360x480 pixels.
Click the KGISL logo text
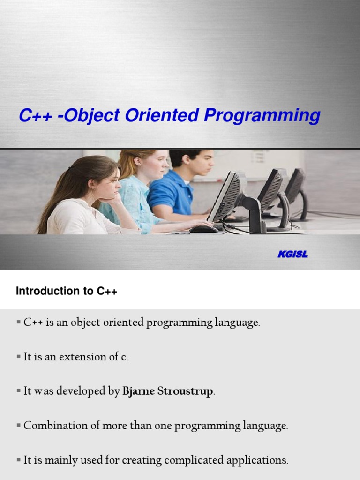[292, 255]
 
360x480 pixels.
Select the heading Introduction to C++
[66, 291]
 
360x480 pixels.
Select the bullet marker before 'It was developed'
[19, 391]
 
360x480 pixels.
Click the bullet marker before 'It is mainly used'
[19, 460]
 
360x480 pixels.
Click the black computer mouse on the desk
[203, 229]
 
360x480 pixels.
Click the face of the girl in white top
[107, 185]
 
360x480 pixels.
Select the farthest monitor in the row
[295, 185]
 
